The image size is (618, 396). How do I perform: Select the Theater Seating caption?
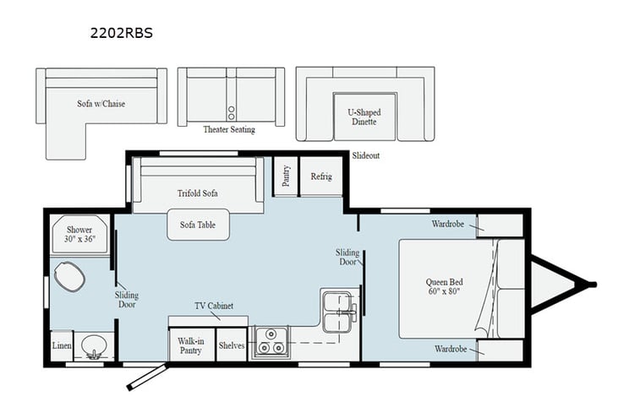pyautogui.click(x=228, y=130)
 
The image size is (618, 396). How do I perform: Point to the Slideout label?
pyautogui.click(x=366, y=156)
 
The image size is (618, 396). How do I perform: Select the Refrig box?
pyautogui.click(x=321, y=176)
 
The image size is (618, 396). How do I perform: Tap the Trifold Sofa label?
pyautogui.click(x=198, y=193)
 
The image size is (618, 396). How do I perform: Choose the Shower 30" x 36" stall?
pyautogui.click(x=80, y=235)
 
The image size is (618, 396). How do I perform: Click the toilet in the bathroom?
pyautogui.click(x=68, y=275)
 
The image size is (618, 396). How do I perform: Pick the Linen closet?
pyautogui.click(x=60, y=346)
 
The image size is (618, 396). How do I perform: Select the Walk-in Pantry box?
pyautogui.click(x=190, y=344)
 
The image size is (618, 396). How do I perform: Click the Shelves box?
pyautogui.click(x=231, y=344)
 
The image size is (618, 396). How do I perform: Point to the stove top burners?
pyautogui.click(x=273, y=341)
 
